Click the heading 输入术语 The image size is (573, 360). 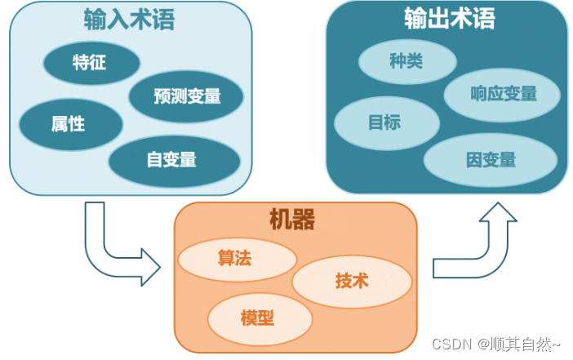pyautogui.click(x=129, y=20)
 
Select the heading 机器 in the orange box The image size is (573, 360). pyautogui.click(x=291, y=218)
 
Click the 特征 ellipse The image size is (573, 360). pyautogui.click(x=90, y=62)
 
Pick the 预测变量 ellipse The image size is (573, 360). pyautogui.click(x=187, y=96)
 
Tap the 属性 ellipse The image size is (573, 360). pyautogui.click(x=69, y=124)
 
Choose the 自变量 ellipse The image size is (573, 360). pyautogui.click(x=172, y=159)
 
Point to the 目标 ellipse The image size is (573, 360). pyautogui.click(x=385, y=123)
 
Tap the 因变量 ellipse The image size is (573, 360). pyautogui.click(x=491, y=159)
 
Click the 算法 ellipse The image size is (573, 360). pyautogui.click(x=235, y=259)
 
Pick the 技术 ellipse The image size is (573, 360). pyautogui.click(x=352, y=282)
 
